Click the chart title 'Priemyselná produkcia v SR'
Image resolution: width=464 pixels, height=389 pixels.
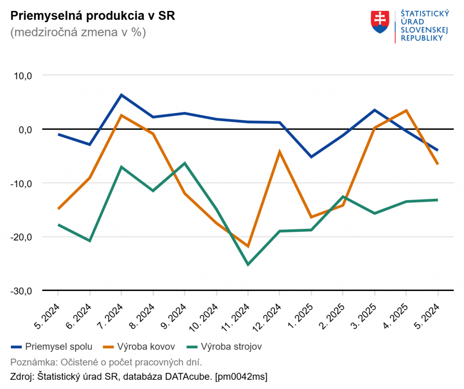(92, 16)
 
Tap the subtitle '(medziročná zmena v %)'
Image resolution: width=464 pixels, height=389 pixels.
(78, 33)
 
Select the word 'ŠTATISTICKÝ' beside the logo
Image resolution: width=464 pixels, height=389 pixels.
(425, 14)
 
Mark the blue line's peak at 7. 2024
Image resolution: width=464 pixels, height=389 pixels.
(121, 95)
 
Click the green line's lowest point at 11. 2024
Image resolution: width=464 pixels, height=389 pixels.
(247, 264)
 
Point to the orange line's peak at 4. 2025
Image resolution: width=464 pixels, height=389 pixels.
(406, 110)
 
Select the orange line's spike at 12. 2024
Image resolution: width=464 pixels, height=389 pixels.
(280, 152)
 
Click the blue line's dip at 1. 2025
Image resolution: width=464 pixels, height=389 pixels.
(311, 157)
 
